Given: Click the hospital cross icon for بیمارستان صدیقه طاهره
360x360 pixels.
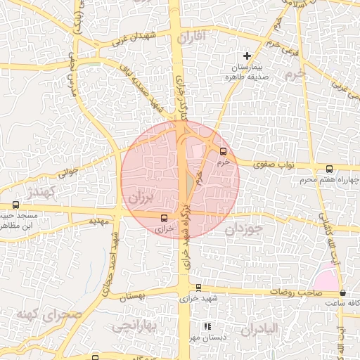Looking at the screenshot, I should point(247,56).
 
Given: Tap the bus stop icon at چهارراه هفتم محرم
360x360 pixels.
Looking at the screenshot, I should point(330,169).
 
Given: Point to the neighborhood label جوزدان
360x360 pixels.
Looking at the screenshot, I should point(245,229).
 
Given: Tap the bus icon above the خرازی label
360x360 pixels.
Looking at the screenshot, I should point(164,218).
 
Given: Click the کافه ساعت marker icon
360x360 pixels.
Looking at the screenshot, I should point(342,292).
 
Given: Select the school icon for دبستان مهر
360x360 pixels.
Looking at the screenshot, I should point(207,327).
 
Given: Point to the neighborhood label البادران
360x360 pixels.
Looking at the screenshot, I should point(259,329).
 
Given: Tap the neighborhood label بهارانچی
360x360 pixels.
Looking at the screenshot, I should point(131,326).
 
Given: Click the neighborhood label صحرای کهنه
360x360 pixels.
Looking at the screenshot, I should point(51,313).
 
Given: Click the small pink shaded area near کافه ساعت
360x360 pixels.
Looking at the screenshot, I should point(326,278).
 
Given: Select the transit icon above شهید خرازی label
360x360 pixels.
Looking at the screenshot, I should point(198,287).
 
